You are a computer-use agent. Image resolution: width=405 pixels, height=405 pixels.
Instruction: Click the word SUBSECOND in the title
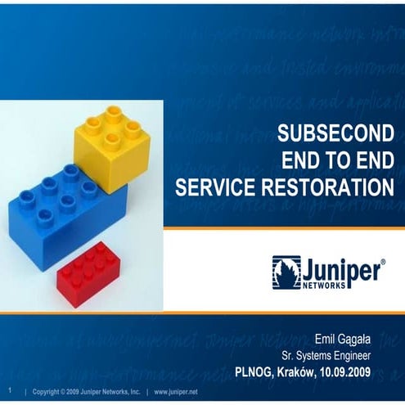tap(335, 133)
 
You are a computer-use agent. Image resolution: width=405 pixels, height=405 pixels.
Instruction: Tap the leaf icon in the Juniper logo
tap(286, 272)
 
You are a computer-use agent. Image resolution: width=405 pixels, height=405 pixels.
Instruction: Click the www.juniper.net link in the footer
tap(177, 391)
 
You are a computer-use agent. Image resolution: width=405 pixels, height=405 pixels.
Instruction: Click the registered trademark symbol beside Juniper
tap(383, 262)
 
